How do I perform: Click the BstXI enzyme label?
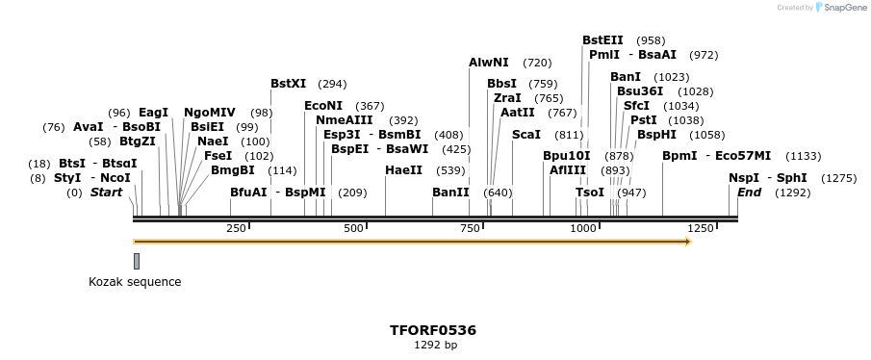click(289, 84)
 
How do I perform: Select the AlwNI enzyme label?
click(489, 63)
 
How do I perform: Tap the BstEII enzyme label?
click(602, 40)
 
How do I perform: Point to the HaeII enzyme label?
click(403, 170)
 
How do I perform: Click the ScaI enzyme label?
click(526, 135)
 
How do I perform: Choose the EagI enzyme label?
click(154, 113)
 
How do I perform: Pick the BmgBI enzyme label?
click(233, 170)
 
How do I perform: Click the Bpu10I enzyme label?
click(567, 156)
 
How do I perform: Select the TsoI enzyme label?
click(590, 193)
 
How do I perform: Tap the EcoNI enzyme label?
click(323, 106)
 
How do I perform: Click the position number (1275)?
click(838, 178)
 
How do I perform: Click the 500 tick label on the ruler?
click(353, 228)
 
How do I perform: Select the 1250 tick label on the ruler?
click(701, 228)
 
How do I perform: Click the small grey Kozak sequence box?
click(137, 261)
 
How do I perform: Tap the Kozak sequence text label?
click(135, 282)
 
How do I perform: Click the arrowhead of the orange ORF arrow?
click(687, 242)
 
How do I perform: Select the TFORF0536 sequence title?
click(433, 330)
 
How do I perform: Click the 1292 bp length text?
click(435, 345)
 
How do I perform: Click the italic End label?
click(749, 193)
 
